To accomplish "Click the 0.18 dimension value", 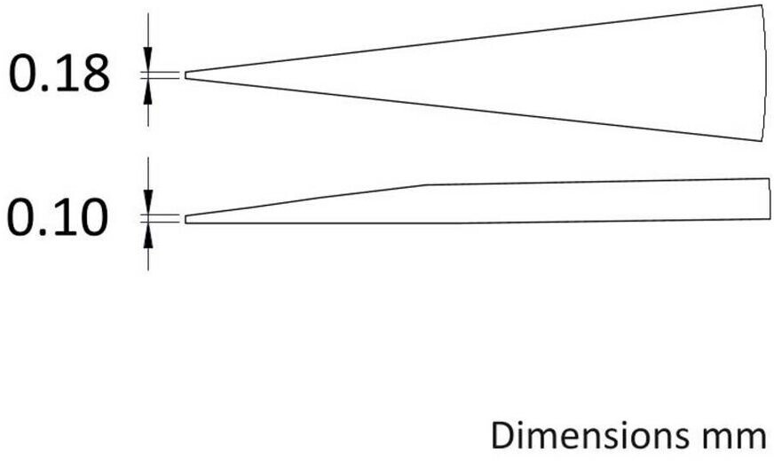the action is (x=59, y=74).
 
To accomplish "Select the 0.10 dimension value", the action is (x=58, y=217).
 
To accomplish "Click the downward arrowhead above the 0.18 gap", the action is (x=148, y=55).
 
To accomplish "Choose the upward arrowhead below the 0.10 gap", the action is (x=148, y=238).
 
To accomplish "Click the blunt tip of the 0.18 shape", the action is (x=186, y=75).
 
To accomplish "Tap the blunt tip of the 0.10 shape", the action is (x=186, y=219).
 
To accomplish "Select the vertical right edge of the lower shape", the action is (x=770, y=199).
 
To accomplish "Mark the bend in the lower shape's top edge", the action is (x=425, y=185).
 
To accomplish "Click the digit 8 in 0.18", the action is (x=93, y=74).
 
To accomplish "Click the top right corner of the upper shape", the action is (x=760, y=5).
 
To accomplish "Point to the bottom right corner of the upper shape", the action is (x=760, y=141).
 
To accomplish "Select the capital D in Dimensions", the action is (x=502, y=435).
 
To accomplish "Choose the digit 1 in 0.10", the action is (x=60, y=217).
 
